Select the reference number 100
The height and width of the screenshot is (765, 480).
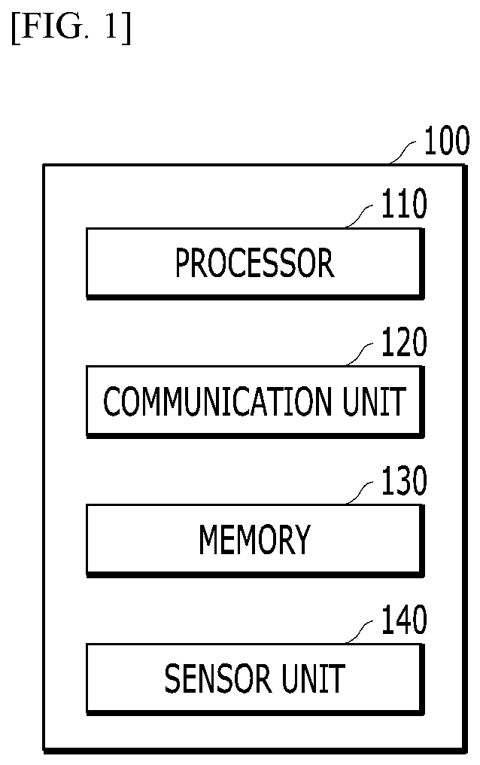[x=446, y=141]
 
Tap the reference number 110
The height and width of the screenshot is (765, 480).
[x=403, y=204]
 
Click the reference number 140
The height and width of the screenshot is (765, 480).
[x=403, y=620]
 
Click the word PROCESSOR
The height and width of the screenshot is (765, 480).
[x=254, y=263]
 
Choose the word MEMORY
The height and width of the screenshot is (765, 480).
[x=254, y=540]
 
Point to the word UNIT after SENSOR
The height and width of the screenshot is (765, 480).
[x=313, y=678]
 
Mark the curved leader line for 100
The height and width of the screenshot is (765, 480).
[x=404, y=152]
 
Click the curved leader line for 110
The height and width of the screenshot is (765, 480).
[x=360, y=216]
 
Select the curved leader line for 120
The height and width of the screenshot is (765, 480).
[x=360, y=354]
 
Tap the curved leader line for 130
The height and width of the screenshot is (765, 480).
[x=360, y=492]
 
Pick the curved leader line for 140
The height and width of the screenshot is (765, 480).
[x=360, y=632]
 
